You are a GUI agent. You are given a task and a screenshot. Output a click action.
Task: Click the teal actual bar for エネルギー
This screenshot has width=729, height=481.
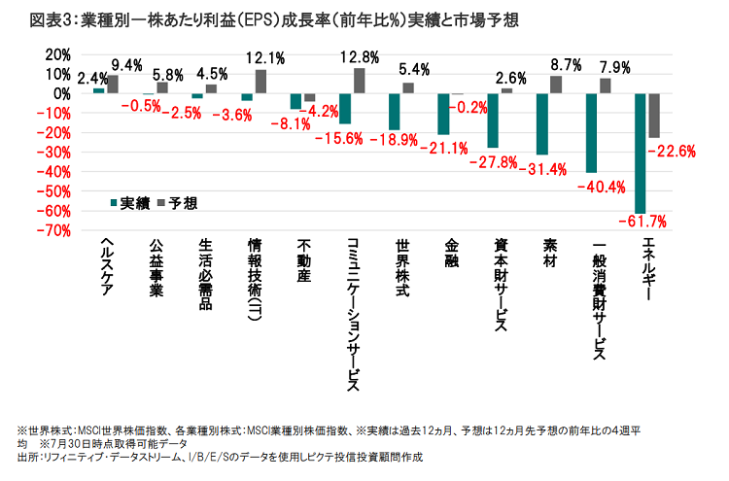[x=640, y=154]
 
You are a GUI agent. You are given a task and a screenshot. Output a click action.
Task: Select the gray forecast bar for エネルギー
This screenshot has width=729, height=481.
[x=654, y=116]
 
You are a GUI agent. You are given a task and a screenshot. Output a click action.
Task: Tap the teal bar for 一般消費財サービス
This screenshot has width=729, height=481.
[x=590, y=133]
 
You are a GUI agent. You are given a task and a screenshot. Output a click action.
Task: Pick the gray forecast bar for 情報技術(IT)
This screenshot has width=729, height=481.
[x=260, y=82]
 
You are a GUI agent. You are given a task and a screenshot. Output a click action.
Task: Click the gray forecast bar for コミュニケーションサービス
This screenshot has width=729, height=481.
[x=359, y=81]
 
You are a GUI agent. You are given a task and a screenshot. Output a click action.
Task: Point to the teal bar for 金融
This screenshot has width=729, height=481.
[x=443, y=114]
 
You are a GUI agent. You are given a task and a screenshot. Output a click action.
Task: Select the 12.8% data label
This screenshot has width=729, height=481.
[x=362, y=57]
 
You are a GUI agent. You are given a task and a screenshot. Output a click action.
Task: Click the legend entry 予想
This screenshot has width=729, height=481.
[x=175, y=203]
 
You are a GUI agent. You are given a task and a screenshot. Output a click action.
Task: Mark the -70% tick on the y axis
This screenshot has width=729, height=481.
[x=55, y=230]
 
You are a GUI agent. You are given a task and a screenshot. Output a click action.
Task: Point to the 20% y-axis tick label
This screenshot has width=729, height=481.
[x=58, y=54]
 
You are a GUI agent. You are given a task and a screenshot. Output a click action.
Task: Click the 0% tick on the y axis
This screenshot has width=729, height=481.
[x=61, y=93]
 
